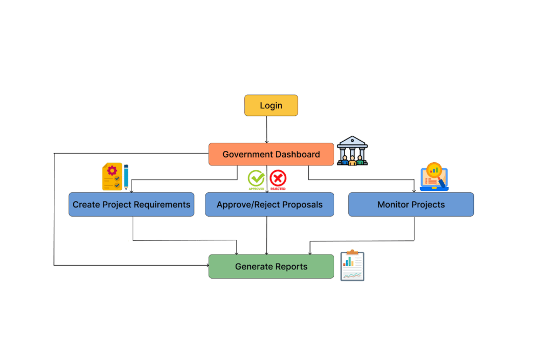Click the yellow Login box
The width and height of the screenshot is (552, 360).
tap(271, 106)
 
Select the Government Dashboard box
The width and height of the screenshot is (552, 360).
tap(271, 154)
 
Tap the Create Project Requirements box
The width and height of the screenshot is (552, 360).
tap(132, 205)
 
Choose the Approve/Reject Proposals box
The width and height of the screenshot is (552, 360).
tap(270, 205)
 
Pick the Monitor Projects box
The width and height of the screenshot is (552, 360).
tap(411, 205)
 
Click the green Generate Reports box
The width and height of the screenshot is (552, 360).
tap(271, 267)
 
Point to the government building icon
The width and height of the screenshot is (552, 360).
tap(352, 150)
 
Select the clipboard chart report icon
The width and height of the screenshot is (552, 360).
tap(352, 266)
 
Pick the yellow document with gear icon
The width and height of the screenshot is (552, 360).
tap(112, 177)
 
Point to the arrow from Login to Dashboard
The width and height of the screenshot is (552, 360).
tap(267, 129)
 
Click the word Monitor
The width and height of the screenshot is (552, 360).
tap(392, 205)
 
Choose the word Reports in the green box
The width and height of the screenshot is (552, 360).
tap(291, 267)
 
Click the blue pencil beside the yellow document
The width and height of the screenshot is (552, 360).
tap(126, 177)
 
